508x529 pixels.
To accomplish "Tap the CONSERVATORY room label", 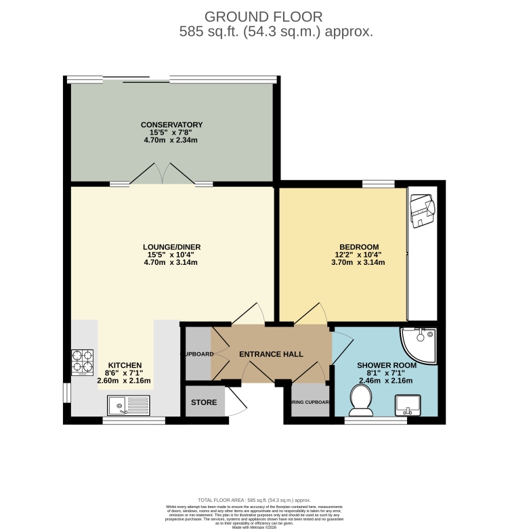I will (171, 125).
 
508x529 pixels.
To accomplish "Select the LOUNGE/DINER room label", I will (171, 247).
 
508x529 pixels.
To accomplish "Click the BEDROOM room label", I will (359, 247).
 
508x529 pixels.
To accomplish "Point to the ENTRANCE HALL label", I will (271, 354).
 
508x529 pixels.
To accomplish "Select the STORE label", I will (204, 402).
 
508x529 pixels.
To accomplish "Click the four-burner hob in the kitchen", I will (82, 362).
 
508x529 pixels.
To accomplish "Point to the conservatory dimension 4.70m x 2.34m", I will (171, 140).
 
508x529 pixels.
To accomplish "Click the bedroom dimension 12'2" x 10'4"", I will (359, 255).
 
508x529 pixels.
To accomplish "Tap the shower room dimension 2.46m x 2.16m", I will (385, 380).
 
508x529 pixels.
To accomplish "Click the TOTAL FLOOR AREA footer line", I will (253, 499).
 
